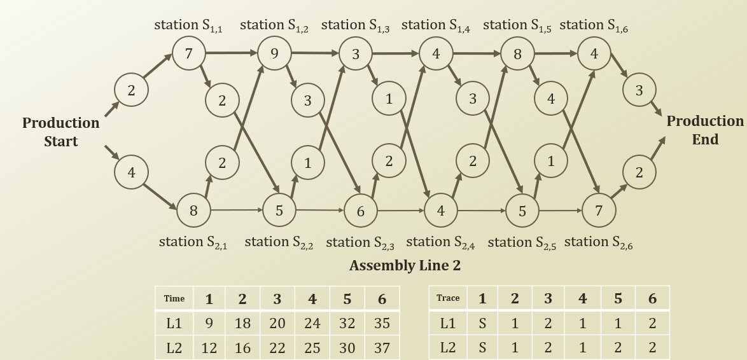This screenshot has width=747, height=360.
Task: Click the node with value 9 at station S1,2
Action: click(274, 53)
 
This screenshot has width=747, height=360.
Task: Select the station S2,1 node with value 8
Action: click(193, 211)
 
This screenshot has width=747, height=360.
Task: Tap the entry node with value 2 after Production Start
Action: click(131, 90)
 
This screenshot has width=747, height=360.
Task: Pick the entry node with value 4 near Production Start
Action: click(131, 172)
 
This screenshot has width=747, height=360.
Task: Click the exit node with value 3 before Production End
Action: click(639, 90)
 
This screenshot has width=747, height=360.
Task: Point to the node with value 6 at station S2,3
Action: click(361, 211)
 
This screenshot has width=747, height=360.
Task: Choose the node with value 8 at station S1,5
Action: click(517, 54)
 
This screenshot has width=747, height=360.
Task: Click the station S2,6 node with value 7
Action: click(599, 211)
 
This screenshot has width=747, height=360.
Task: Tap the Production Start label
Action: click(61, 132)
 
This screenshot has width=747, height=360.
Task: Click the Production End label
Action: click(705, 130)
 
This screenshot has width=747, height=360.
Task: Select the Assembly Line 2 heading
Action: click(405, 266)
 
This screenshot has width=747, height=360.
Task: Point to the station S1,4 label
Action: click(436, 25)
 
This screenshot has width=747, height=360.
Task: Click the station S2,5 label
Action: click(522, 242)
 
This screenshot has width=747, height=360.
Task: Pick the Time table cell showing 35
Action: click(382, 323)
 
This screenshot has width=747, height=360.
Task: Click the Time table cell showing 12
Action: click(209, 348)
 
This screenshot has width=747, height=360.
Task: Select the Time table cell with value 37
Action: click(382, 348)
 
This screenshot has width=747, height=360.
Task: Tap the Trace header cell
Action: click(448, 298)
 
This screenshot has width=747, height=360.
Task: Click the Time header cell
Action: click(174, 298)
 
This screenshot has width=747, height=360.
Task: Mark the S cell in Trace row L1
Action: click(482, 323)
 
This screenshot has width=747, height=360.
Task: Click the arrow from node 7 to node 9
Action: click(232, 53)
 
